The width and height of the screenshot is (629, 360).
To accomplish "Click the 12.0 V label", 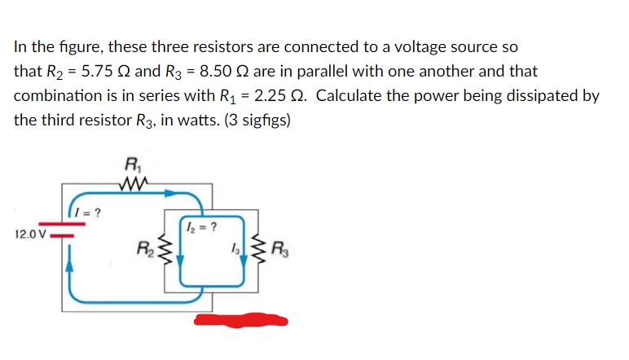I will [x=30, y=235].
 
